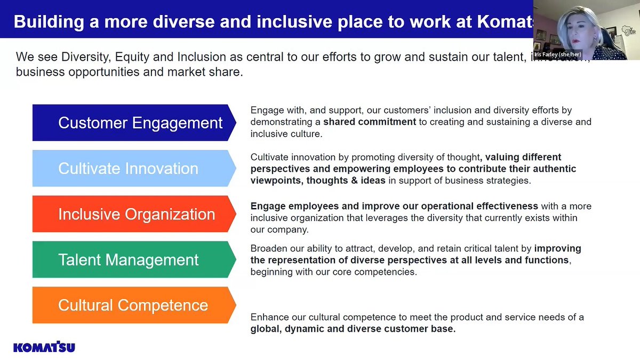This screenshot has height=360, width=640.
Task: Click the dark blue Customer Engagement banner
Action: pos(133,123)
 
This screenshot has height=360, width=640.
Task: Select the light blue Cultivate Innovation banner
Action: pos(133,169)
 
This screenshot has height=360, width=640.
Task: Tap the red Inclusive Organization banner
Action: pos(133,214)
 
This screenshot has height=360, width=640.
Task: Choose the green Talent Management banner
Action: pos(133,260)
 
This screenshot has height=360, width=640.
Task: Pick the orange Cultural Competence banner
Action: pos(133,305)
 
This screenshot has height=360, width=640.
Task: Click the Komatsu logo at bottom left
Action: pos(44,347)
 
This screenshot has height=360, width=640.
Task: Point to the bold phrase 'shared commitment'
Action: pos(370,122)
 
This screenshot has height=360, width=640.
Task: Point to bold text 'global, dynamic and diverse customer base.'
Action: pos(353,329)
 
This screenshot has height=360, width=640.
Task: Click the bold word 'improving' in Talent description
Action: pos(557,249)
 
